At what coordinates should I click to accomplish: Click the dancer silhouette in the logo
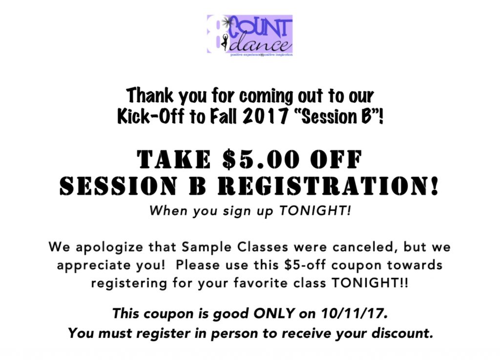225,42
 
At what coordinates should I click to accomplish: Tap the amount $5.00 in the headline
261,159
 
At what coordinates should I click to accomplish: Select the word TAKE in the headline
174,159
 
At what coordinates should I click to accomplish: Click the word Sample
204,247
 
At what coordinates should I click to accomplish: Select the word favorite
260,283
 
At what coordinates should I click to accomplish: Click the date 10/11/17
354,314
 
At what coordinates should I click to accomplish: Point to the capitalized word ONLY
274,314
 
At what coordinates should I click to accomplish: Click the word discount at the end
402,333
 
